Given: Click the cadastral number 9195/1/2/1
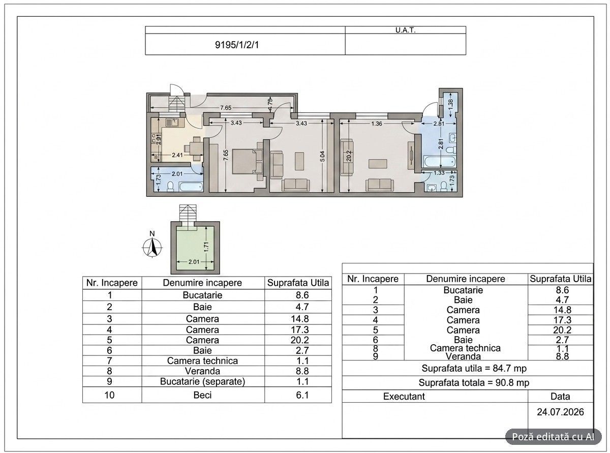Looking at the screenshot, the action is pos(237,45).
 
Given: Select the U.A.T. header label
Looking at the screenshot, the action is pos(405,31).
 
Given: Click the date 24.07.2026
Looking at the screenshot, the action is pos(560,412).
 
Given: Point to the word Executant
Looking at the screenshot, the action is pos(404,397).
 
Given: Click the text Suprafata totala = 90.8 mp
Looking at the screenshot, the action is pos(474,383).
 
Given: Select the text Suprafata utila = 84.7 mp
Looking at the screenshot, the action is pos(474,368).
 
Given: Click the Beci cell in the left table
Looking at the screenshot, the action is pos(202,395).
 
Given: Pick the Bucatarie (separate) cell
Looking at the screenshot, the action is pos(202,381).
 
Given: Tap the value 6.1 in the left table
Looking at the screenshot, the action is pos(302,395).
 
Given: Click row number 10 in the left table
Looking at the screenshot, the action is pos(109,395).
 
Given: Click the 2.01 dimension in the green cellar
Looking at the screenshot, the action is pos(194,261).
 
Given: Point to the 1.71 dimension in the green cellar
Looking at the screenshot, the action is pos(206,247).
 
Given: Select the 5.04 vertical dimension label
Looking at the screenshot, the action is pos(322,156).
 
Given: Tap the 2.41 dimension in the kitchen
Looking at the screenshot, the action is pos(177,155).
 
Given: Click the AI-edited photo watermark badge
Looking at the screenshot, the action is pos(554,437).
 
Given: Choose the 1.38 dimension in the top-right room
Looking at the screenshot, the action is pos(450,104).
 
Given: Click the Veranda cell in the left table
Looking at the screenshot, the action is pos(202,371).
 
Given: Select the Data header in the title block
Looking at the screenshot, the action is pos(560,397).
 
